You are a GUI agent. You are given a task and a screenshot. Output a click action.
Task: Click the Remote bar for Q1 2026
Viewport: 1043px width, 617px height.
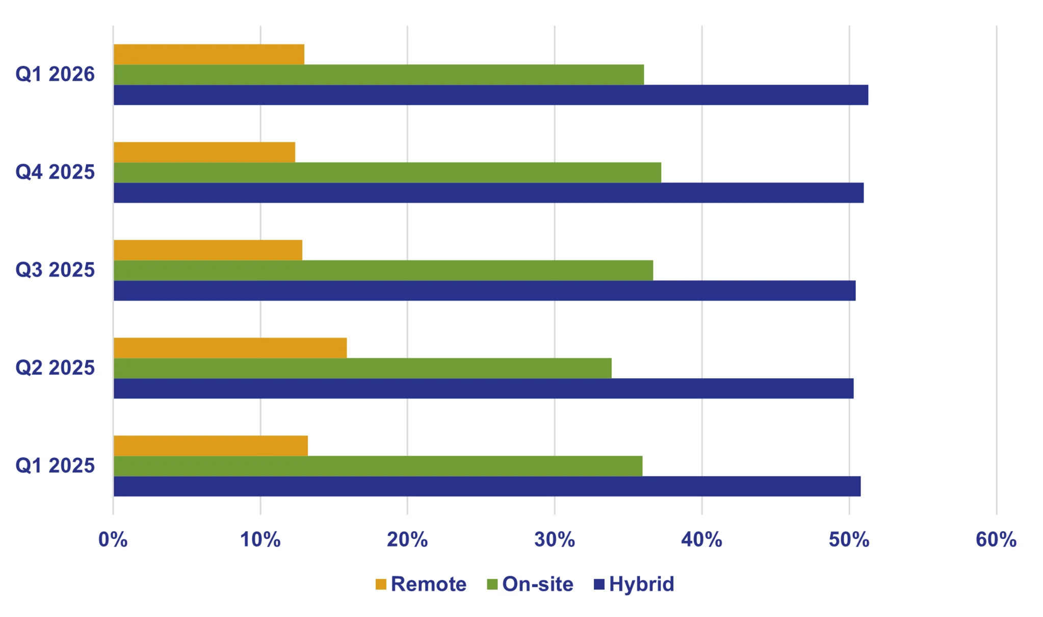point(209,55)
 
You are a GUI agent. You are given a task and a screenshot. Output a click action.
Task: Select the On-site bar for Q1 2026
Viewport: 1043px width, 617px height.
point(379,75)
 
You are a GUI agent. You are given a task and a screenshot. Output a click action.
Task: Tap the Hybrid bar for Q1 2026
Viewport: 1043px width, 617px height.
point(491,95)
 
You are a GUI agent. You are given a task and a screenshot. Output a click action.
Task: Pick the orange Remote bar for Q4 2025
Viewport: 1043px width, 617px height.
point(204,152)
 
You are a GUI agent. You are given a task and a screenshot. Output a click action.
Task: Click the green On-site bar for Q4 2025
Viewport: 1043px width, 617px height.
point(387,172)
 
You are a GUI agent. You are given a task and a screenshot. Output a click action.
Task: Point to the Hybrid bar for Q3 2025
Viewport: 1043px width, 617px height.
point(484,290)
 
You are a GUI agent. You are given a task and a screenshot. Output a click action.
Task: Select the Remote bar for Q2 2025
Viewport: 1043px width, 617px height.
point(230,348)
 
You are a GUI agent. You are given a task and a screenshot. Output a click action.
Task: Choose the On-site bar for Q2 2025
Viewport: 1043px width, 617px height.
point(362,368)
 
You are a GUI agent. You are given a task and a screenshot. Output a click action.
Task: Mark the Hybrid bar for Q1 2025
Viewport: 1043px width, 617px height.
point(487,486)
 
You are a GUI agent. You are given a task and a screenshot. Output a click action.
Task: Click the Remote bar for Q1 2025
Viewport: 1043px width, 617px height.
point(211,446)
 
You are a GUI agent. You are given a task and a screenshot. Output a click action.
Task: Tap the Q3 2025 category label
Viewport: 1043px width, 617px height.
point(55,270)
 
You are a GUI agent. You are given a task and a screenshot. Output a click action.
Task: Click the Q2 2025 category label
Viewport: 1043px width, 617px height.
point(55,368)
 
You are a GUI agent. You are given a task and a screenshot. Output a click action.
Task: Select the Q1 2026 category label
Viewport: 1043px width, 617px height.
point(55,75)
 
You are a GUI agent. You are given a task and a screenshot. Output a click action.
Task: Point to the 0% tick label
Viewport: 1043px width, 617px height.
point(113,540)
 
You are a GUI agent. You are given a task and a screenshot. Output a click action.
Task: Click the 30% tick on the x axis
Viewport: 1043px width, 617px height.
point(555,540)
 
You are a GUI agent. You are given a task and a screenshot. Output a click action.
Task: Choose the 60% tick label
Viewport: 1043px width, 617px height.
point(996,540)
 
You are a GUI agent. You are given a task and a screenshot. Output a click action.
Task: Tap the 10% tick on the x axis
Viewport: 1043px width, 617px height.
point(260,540)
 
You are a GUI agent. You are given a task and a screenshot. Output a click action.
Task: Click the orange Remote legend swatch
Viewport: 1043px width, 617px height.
point(381,584)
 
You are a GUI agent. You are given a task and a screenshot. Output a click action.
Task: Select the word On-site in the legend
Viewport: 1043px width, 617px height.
point(537,584)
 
